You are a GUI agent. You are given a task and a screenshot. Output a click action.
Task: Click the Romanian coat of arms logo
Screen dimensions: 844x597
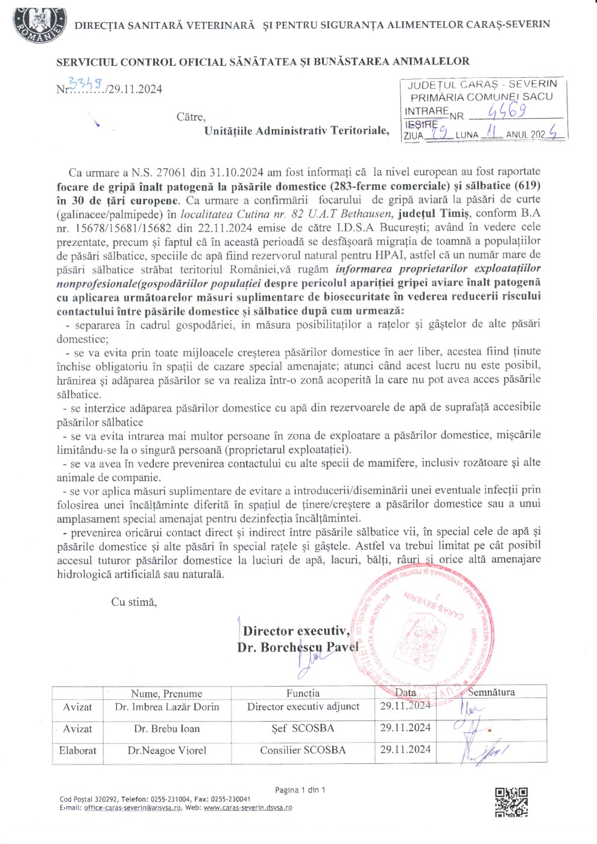tap(39, 24)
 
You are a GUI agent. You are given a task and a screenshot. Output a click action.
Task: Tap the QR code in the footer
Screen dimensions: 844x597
tap(511, 802)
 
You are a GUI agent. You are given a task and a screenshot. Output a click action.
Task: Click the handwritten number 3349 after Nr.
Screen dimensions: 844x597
tap(86, 84)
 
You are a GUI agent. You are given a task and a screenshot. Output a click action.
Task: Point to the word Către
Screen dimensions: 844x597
tap(191, 117)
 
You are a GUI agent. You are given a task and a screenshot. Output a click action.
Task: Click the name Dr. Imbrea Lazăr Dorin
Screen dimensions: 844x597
tap(167, 707)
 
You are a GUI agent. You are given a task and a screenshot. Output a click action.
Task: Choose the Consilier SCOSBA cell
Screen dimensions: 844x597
tap(303, 751)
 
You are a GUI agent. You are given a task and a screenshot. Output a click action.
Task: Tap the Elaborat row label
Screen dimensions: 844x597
tap(78, 751)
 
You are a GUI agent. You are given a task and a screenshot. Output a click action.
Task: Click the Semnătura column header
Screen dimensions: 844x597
tap(491, 693)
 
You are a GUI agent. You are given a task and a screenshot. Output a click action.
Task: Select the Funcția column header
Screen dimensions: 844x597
tap(303, 693)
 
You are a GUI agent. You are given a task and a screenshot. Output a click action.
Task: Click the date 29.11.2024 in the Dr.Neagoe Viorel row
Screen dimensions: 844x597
tap(405, 750)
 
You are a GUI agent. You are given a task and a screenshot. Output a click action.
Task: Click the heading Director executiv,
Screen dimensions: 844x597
tap(296, 631)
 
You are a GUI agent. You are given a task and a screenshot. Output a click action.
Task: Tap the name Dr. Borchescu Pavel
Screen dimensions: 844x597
tap(298, 647)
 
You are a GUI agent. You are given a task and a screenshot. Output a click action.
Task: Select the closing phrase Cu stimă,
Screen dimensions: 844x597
tap(134, 602)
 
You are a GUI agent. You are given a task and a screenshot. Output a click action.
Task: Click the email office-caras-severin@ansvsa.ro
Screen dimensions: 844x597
tap(132, 808)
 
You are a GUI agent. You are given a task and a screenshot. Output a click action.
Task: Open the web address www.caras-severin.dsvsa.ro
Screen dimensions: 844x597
tap(248, 808)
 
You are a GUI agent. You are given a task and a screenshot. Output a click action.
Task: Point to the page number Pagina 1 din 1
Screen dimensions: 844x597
tap(300, 790)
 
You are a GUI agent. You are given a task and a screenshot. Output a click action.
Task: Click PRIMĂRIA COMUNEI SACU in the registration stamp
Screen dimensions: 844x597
tap(482, 97)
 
